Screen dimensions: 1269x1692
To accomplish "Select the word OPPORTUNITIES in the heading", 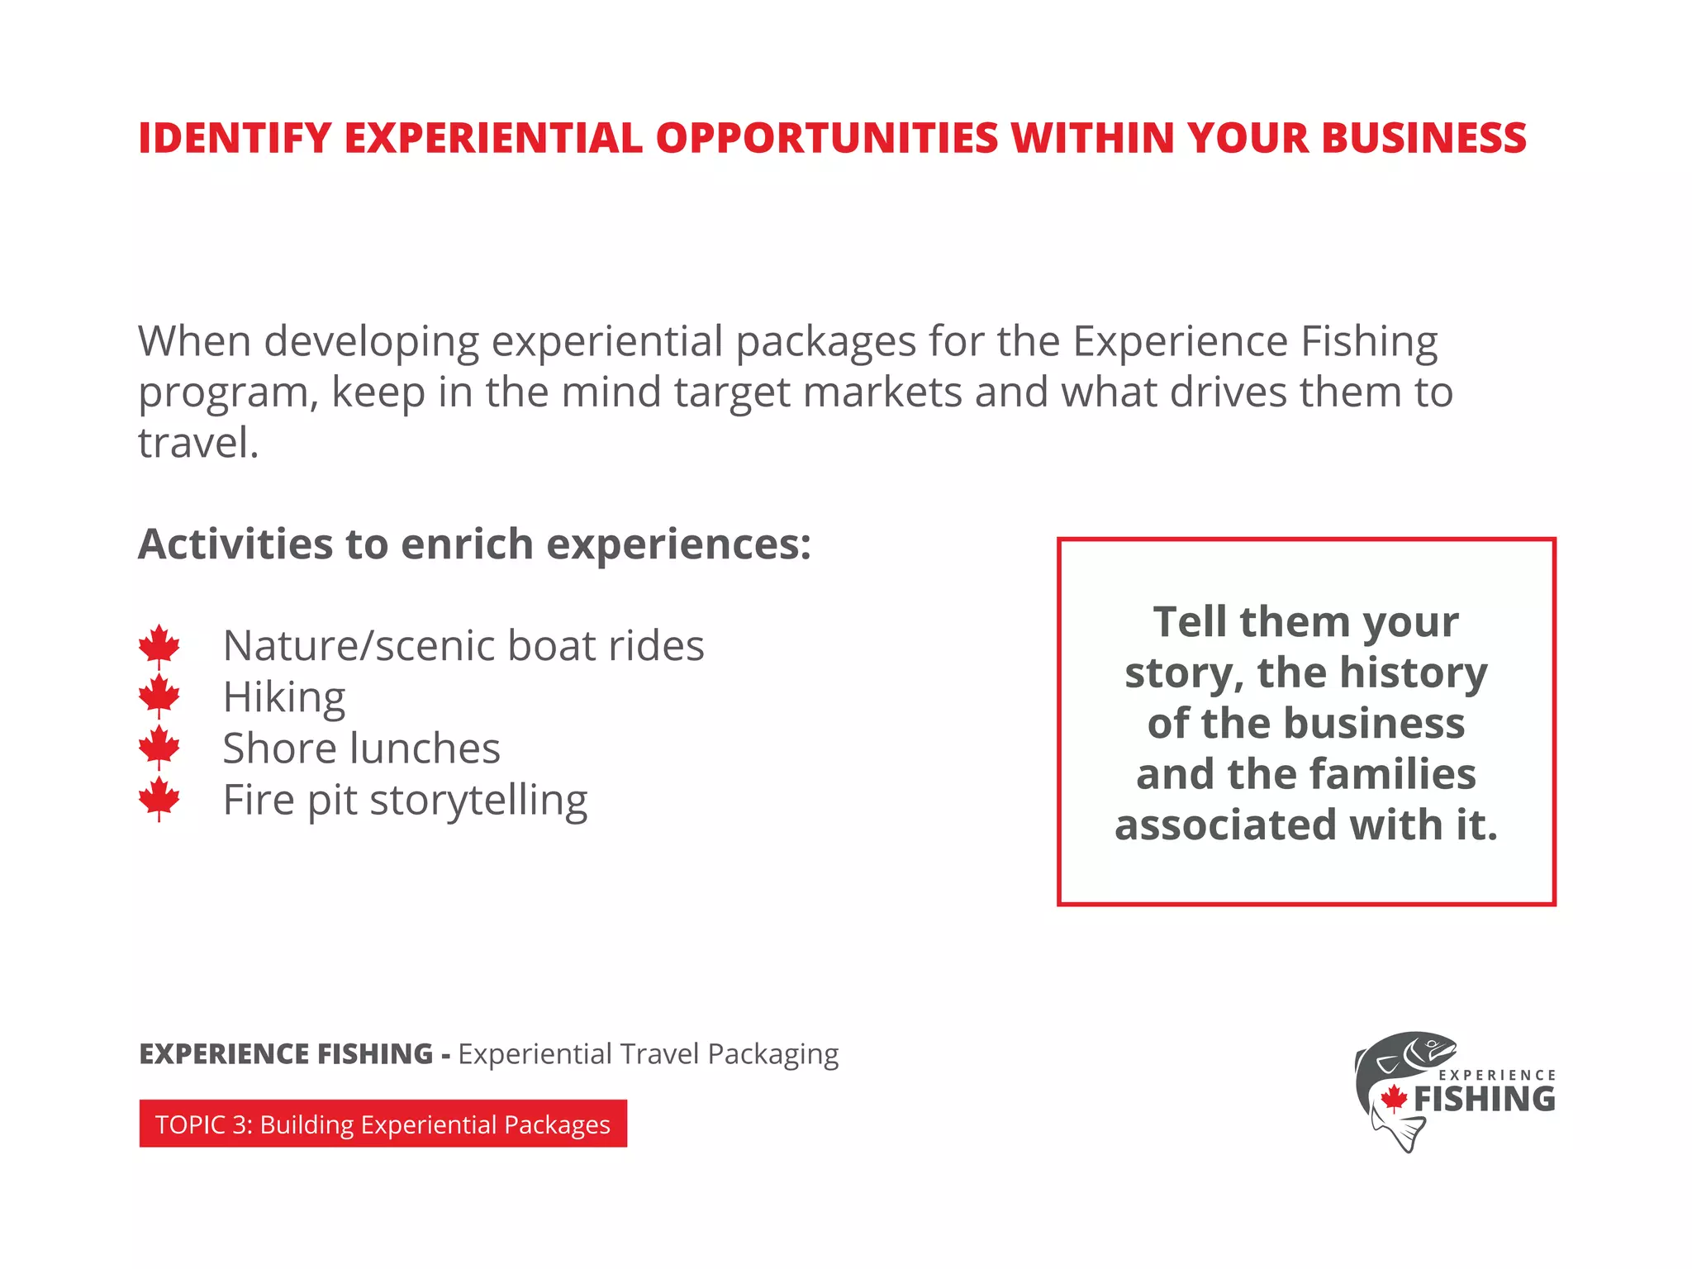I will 827,138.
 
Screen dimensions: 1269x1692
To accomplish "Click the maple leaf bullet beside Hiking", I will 159,696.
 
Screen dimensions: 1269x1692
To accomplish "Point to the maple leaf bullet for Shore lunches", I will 159,747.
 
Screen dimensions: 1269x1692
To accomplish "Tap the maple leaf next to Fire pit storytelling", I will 159,798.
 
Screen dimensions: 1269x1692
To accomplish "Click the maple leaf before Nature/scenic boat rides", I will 159,645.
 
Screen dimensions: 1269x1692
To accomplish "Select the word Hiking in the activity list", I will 284,697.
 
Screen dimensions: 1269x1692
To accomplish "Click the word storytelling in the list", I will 478,800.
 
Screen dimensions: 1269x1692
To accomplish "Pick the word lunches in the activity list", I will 425,749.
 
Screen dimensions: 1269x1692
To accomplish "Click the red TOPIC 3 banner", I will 383,1124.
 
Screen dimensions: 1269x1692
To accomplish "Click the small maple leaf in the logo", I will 1395,1098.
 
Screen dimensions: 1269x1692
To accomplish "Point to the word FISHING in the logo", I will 1484,1100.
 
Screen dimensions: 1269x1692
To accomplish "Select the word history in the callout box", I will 1413,673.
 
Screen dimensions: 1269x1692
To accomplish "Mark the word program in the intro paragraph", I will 225,393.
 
